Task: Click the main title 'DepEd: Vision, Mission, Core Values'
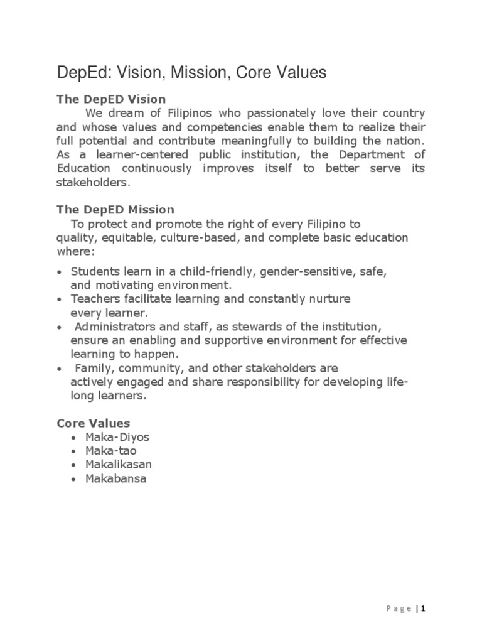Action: (191, 73)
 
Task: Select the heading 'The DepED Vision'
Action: (111, 99)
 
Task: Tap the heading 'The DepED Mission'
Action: (115, 209)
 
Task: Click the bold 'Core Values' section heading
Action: (94, 423)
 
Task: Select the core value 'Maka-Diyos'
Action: (118, 437)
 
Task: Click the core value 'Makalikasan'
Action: (119, 465)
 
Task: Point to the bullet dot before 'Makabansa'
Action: (75, 480)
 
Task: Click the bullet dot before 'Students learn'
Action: (59, 273)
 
